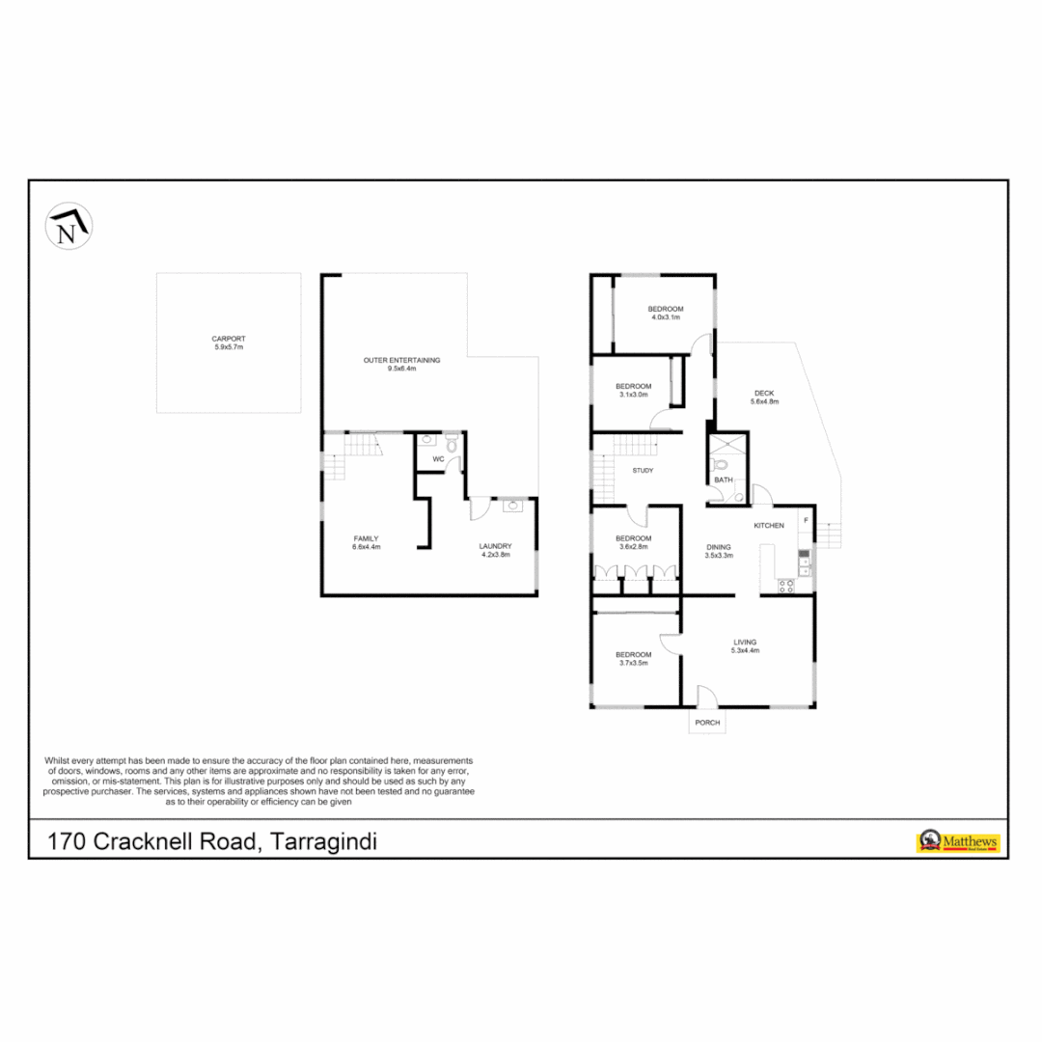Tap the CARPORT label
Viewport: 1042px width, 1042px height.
(229, 339)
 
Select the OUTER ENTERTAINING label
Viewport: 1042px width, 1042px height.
(401, 360)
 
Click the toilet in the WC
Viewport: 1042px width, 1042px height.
(451, 445)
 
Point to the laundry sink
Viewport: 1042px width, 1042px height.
(511, 505)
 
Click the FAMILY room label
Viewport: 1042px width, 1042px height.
(366, 538)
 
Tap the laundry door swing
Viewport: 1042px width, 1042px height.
(480, 509)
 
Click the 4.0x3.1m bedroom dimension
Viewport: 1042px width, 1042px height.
(666, 317)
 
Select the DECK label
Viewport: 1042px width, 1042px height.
(765, 393)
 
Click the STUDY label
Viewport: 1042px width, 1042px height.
(643, 471)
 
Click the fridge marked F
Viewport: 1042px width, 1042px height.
(805, 522)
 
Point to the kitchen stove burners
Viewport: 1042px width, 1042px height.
(786, 584)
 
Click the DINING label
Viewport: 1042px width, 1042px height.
(719, 546)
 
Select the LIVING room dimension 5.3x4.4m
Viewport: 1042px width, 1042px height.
(745, 651)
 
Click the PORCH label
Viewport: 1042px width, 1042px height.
(706, 723)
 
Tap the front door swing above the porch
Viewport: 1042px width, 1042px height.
(705, 695)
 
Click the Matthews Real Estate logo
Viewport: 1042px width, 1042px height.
(957, 841)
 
